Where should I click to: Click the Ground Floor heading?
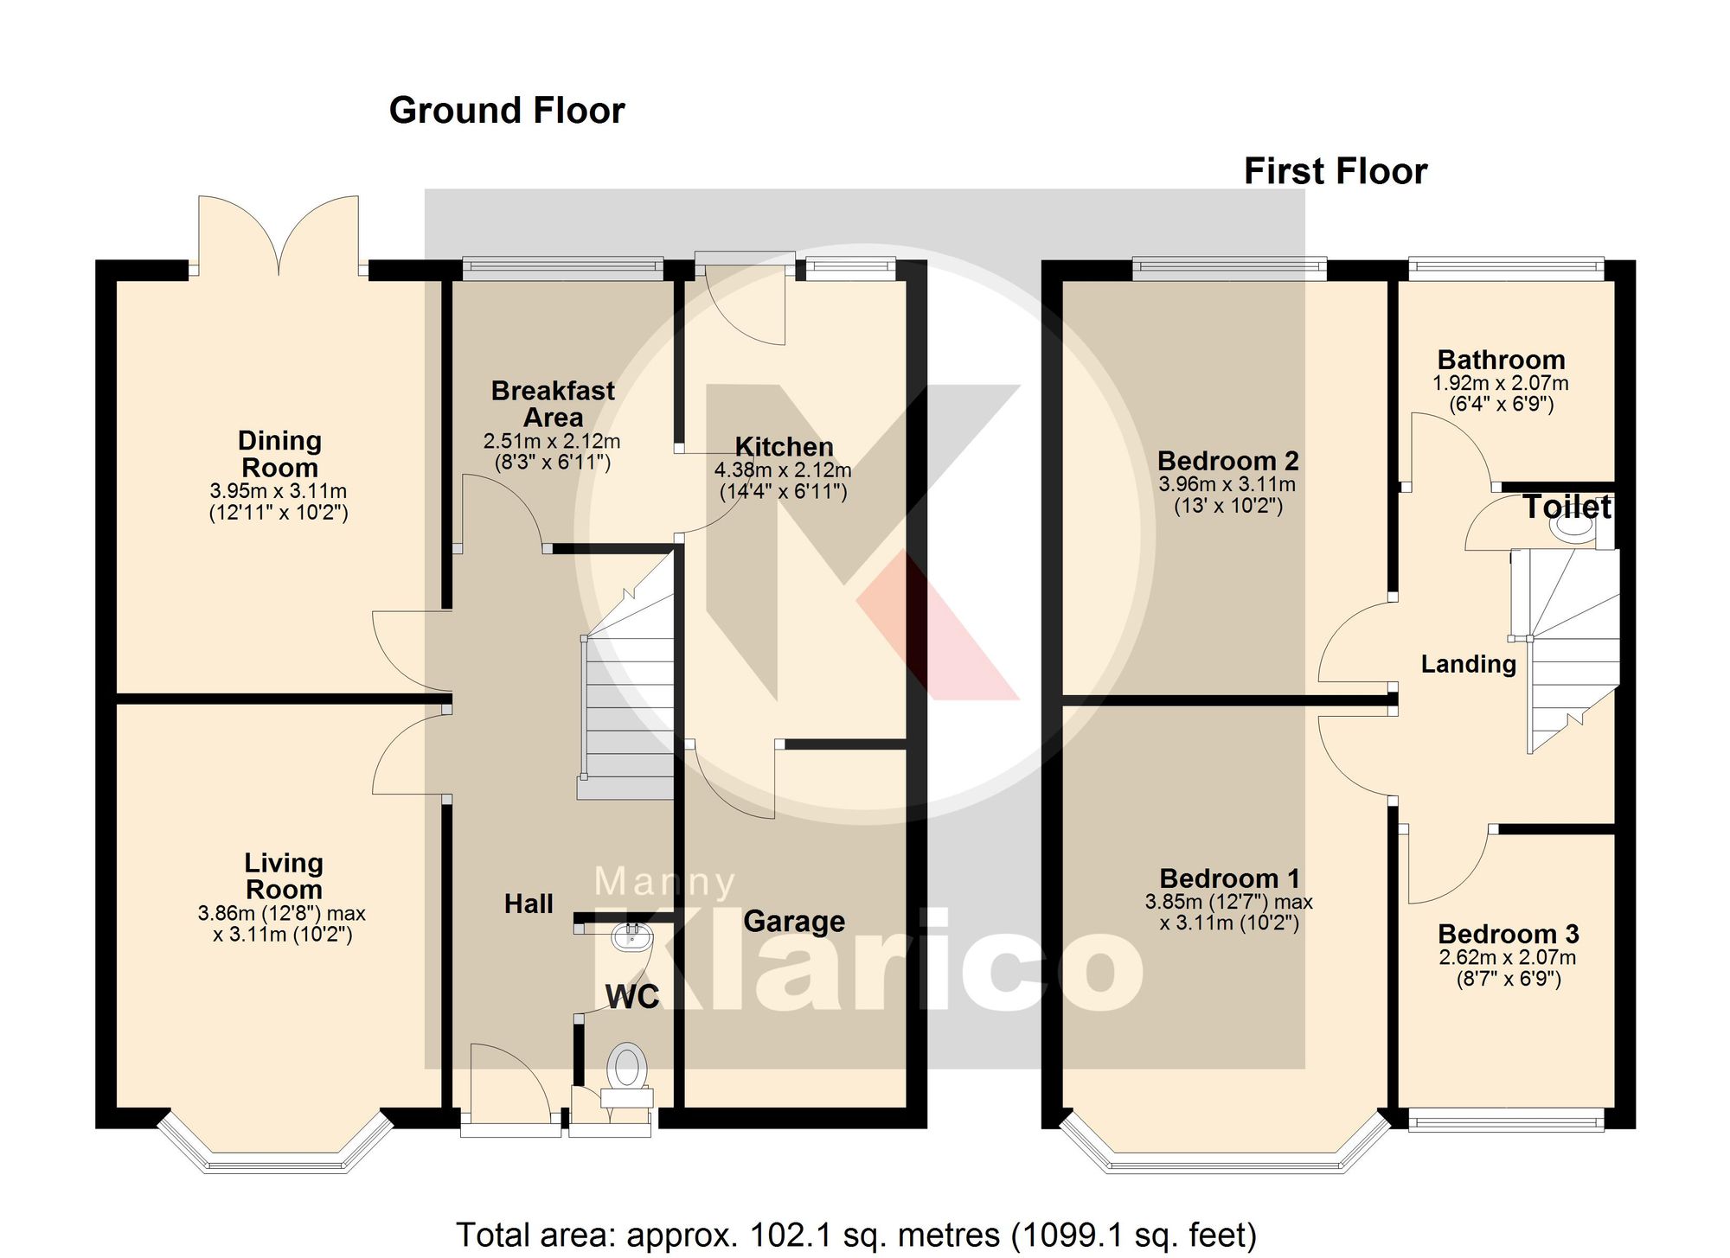(x=506, y=111)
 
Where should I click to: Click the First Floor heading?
(x=1335, y=171)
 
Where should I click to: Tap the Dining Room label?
(x=279, y=454)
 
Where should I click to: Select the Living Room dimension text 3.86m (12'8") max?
(x=282, y=913)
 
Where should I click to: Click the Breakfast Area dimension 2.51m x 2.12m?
(x=552, y=441)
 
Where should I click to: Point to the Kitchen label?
(x=784, y=447)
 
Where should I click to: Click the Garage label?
(x=794, y=922)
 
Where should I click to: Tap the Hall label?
(x=529, y=904)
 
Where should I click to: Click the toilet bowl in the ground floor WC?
(x=627, y=1066)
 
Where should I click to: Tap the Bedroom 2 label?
(x=1227, y=461)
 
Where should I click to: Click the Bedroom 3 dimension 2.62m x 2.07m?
(x=1507, y=958)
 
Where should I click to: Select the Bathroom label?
(x=1501, y=360)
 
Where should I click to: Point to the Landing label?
(x=1468, y=664)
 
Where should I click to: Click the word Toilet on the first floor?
(x=1567, y=507)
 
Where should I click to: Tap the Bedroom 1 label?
(x=1229, y=878)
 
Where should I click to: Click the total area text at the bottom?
(x=855, y=1235)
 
